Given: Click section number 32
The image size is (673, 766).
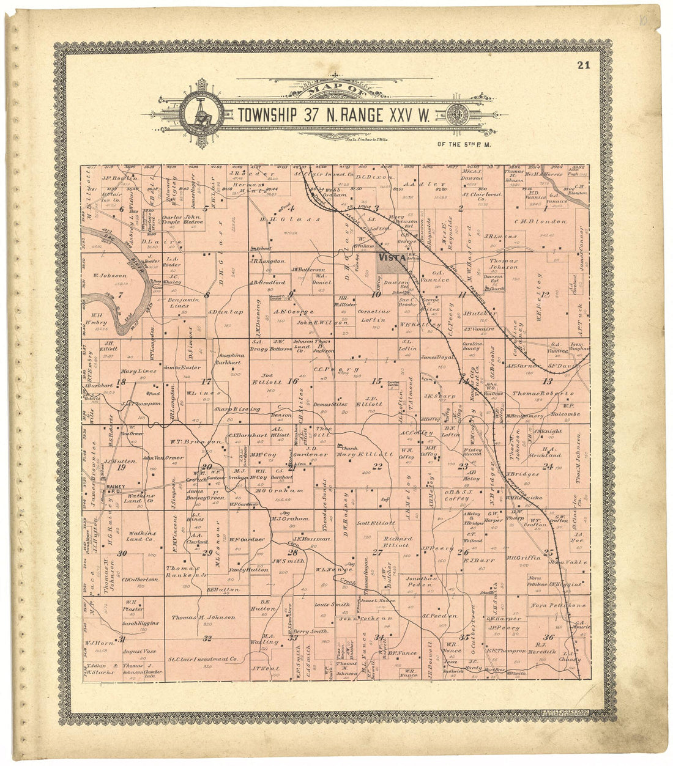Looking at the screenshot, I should [x=207, y=639].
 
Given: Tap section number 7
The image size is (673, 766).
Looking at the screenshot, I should [x=121, y=295].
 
